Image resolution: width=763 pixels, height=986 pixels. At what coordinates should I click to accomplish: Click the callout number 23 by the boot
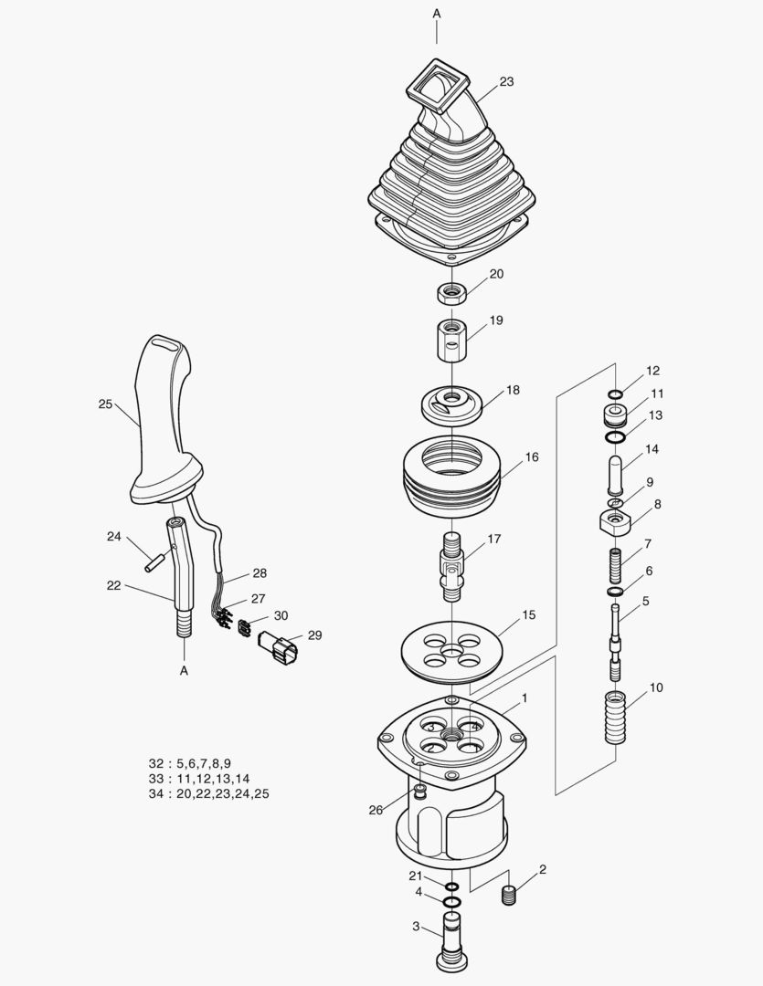coord(506,81)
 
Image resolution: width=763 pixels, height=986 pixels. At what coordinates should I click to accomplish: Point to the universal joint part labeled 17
coord(453,566)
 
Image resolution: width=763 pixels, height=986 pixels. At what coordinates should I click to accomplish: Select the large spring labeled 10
coord(616,718)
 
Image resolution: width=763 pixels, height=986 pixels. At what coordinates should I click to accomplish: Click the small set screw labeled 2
coord(510,895)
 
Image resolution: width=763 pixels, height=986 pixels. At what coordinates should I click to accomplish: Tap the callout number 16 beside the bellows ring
coord(532,456)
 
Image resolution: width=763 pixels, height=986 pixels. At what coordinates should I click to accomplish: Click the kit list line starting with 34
coord(208,794)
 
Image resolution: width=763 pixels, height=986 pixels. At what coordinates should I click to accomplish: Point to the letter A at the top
coord(436,14)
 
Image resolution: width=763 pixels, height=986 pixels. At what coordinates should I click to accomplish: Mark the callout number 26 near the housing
coord(376,809)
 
